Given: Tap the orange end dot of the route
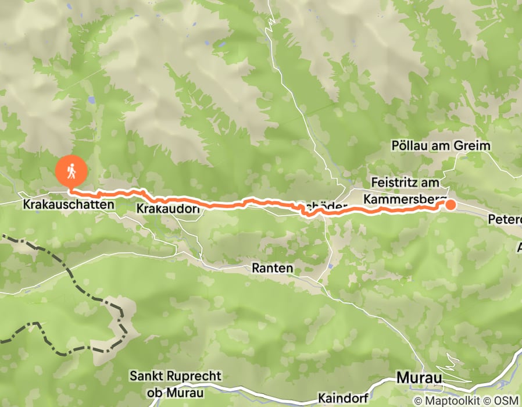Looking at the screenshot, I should coord(451,204).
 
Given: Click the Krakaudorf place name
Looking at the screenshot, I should coord(167,208).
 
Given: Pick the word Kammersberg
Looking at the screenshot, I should coord(405,199).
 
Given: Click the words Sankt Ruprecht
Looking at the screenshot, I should coord(176,376).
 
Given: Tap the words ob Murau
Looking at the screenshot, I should coord(176,393).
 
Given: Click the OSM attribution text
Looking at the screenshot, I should coord(507,401).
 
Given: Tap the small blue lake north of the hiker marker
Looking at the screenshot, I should coord(91,100).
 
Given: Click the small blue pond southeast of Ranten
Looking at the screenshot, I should coord(330,266).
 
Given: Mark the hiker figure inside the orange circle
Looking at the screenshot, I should coord(71,171).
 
